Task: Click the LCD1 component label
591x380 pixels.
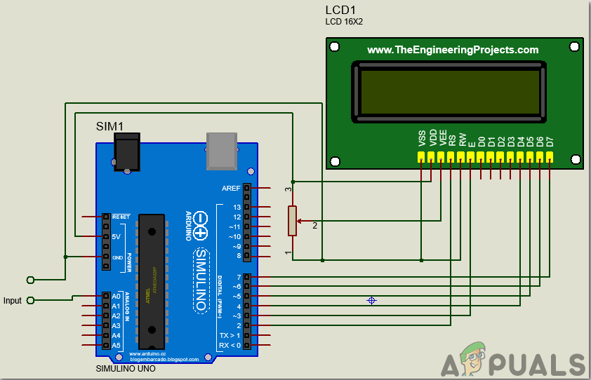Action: click(341, 10)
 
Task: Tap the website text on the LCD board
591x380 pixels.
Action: click(453, 50)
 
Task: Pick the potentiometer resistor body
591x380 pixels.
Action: click(293, 221)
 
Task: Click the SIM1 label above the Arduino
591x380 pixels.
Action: click(109, 126)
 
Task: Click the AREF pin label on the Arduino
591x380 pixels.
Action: click(231, 189)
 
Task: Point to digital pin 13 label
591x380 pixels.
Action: click(237, 208)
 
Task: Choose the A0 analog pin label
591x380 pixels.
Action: click(116, 297)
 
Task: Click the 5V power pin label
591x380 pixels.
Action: click(117, 237)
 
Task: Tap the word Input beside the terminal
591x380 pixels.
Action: click(13, 301)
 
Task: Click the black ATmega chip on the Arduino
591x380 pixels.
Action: click(152, 280)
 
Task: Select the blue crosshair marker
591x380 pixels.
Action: click(371, 300)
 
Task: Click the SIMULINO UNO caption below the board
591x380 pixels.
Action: click(125, 369)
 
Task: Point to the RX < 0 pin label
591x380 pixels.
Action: click(230, 345)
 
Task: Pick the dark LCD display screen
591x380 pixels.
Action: click(450, 91)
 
